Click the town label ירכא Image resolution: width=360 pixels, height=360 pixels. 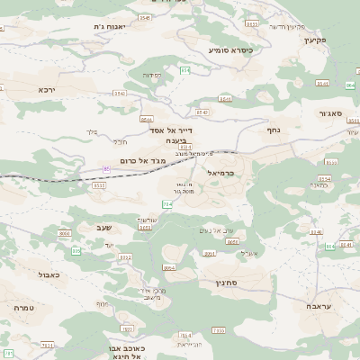pos(47,90)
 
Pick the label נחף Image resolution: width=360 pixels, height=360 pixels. pos(275,130)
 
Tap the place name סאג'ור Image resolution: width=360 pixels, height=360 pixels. pos(330,113)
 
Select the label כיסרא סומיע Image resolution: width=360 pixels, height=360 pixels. pos(229,50)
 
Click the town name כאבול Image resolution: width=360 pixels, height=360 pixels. pos(50,274)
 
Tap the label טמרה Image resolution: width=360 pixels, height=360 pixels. pos(23,308)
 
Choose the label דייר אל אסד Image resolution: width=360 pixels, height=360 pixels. pos(174,130)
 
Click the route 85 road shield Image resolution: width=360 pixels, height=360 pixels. pos(107,168)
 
